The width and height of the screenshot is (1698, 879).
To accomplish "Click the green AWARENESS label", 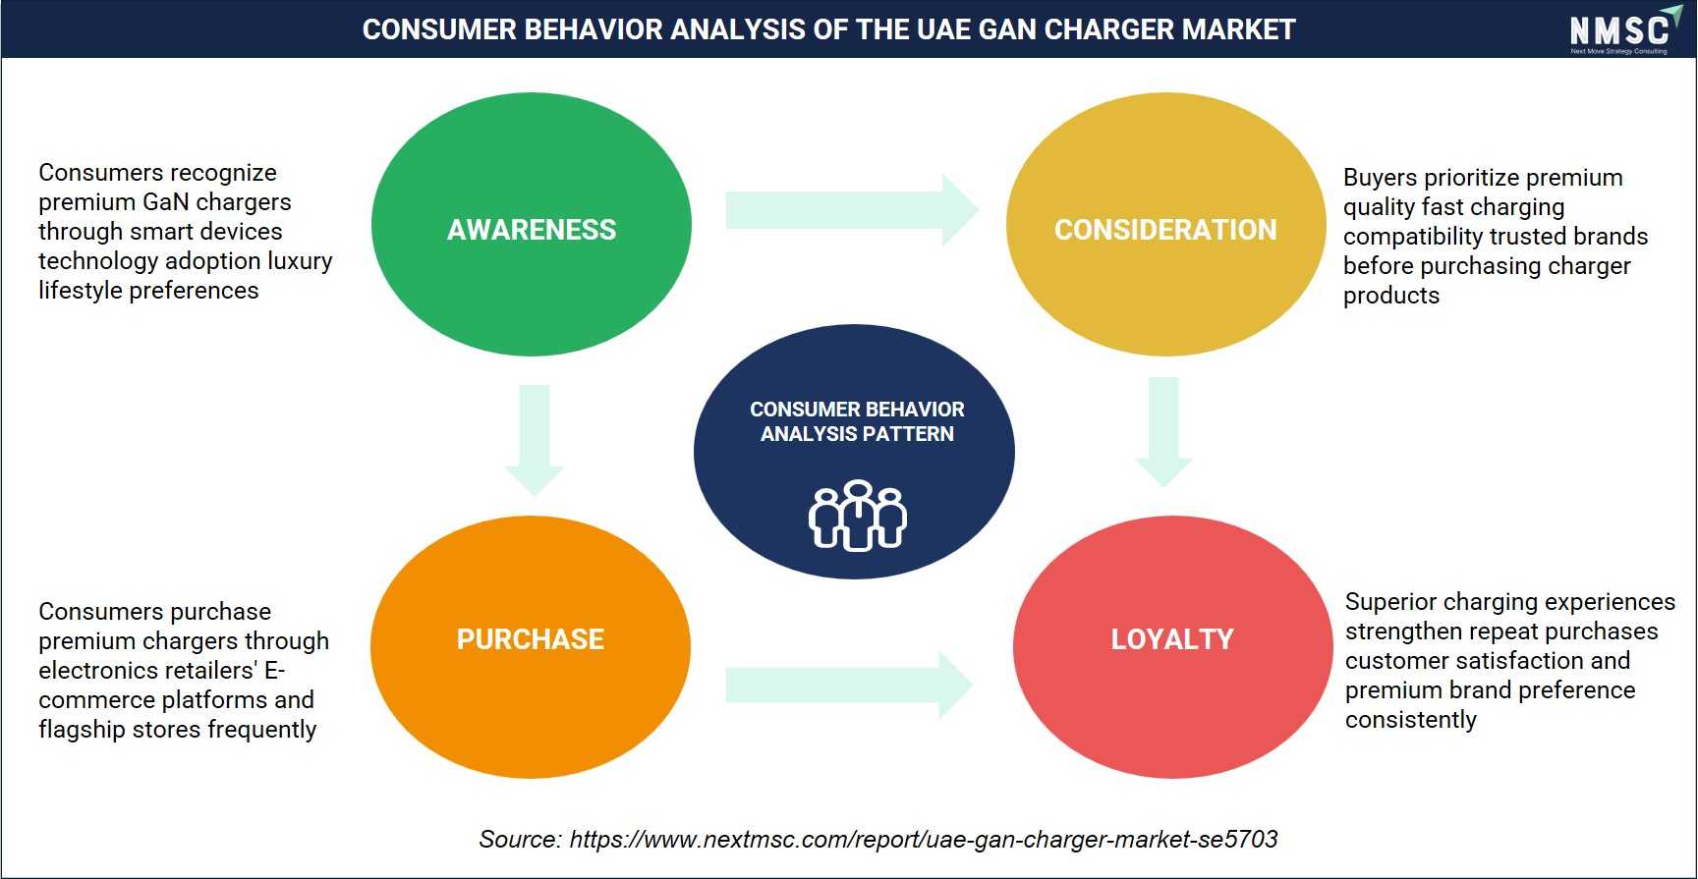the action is tap(532, 230).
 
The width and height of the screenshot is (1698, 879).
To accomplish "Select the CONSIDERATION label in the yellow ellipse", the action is tap(1165, 230).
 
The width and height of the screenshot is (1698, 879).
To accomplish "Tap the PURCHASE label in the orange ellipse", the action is tap(531, 639).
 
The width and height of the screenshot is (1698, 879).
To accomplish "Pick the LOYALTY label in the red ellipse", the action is tap(1172, 639).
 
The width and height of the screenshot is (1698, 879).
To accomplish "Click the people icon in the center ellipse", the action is tap(858, 516).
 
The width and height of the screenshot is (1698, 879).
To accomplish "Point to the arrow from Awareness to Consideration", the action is tap(852, 210).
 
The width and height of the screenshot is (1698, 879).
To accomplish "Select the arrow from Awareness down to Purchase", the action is tap(535, 440).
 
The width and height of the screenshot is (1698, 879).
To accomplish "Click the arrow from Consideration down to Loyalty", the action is tap(1163, 432).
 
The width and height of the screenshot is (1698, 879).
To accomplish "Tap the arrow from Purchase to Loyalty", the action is tap(849, 685).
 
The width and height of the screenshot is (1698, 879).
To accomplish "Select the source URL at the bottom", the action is tap(924, 840).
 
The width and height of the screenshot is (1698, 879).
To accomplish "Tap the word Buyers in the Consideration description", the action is tap(1380, 179).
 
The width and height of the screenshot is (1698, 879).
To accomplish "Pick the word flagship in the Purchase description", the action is tap(81, 730).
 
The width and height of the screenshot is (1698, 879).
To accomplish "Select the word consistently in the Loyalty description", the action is tap(1411, 720).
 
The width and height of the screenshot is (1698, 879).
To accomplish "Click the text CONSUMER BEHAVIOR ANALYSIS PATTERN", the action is tap(857, 421).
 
